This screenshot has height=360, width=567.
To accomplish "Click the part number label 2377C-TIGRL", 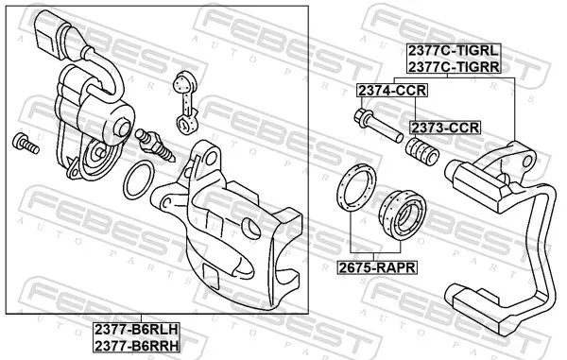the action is point(454,51).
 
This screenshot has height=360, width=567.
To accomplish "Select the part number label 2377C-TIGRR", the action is point(454,66).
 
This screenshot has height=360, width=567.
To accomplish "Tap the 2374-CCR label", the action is point(392,91).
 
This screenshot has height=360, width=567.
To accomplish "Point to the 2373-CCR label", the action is point(445,128).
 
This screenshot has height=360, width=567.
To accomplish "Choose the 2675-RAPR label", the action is point(377,267).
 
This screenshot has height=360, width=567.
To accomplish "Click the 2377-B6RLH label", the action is point(137,330).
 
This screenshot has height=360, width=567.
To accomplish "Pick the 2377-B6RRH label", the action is point(137,346).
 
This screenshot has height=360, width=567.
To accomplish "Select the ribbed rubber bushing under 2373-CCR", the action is point(421,151).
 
